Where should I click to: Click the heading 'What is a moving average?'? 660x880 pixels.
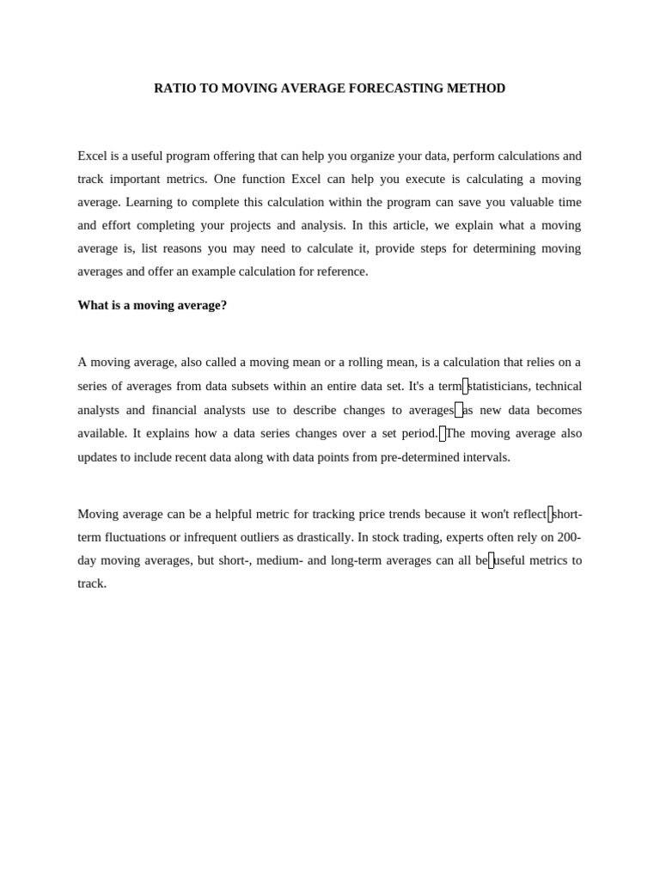(152, 305)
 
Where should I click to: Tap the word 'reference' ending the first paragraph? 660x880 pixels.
(340, 272)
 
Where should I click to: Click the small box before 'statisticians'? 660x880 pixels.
(465, 387)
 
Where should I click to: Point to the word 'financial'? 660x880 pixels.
(174, 410)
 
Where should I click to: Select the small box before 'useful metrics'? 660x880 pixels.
(492, 561)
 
